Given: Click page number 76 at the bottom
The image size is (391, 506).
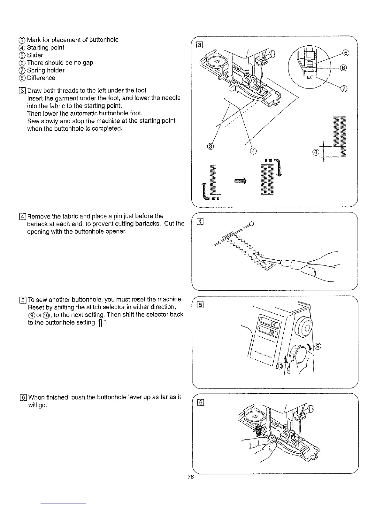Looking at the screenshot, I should pos(191,477).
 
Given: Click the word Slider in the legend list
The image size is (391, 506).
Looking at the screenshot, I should pos(35,55).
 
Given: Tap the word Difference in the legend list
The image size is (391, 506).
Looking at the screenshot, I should pos(41,78).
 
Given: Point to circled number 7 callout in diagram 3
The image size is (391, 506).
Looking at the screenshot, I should pos(344,89).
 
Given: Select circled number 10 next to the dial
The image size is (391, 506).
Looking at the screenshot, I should pos(279,366).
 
